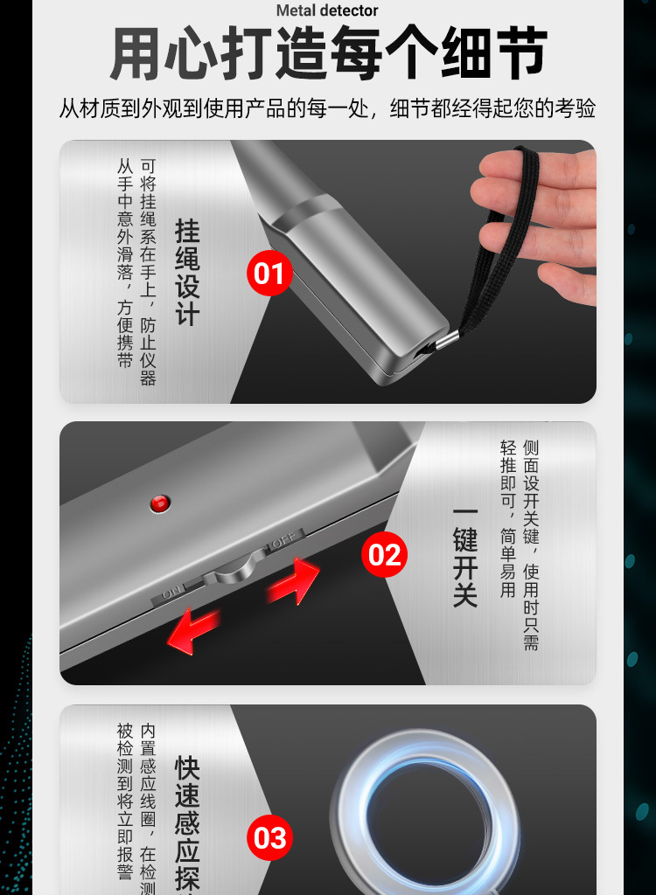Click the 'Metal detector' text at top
[327, 10]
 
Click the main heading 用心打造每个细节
[328, 54]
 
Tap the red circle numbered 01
[269, 274]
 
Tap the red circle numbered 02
[384, 555]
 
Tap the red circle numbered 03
[269, 837]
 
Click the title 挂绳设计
[188, 273]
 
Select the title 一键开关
[465, 556]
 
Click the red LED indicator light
[159, 503]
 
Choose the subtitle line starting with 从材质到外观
[328, 109]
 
